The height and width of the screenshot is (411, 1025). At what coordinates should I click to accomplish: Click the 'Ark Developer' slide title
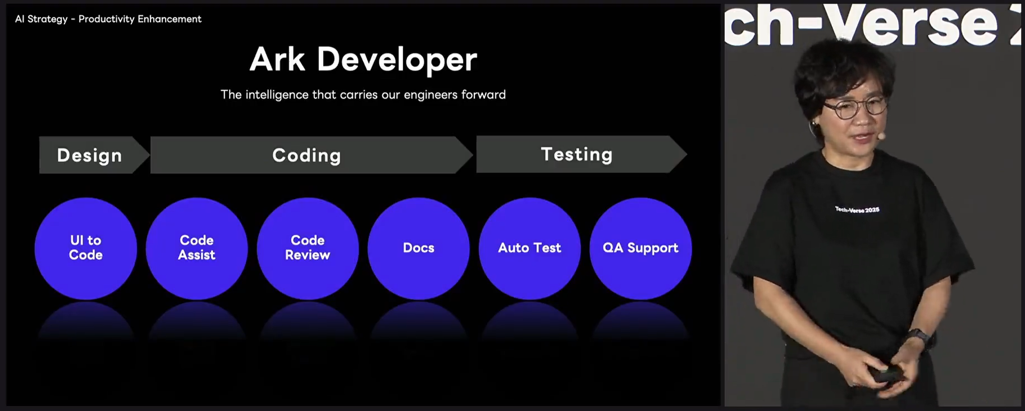click(x=363, y=60)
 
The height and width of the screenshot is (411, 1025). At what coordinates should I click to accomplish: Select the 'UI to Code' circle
click(x=86, y=248)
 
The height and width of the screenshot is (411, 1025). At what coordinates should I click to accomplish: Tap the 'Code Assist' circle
click(x=196, y=248)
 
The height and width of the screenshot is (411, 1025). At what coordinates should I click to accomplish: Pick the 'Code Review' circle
click(x=308, y=248)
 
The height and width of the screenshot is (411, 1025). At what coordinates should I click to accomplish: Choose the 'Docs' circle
click(x=419, y=248)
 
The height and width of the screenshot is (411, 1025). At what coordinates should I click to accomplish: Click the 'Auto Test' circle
click(x=530, y=248)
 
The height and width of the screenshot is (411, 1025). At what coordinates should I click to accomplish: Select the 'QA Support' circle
click(x=640, y=248)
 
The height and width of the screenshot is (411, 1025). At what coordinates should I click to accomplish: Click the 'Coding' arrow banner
click(x=312, y=155)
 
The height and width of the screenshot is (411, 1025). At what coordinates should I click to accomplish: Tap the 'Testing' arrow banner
click(x=582, y=154)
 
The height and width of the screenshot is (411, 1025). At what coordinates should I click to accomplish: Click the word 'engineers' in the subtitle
click(x=431, y=95)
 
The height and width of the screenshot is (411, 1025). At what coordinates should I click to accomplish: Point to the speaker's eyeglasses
click(x=856, y=107)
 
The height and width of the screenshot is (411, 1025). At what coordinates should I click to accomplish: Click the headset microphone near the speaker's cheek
click(x=881, y=136)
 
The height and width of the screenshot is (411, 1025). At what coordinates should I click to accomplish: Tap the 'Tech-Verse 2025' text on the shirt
click(x=857, y=210)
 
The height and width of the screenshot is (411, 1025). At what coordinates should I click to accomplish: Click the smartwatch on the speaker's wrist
click(x=920, y=338)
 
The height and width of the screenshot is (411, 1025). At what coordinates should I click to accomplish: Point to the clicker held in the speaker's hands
click(x=886, y=374)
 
